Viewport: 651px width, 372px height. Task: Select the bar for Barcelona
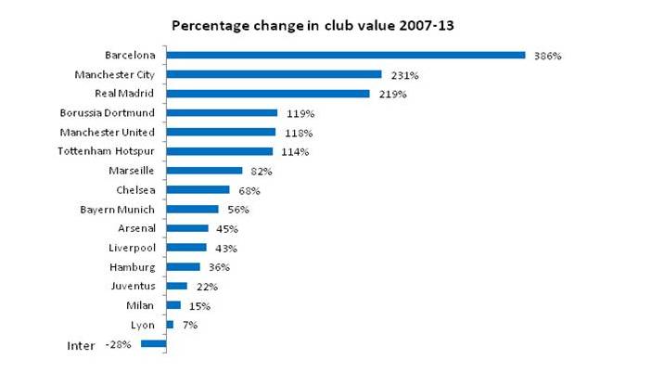(346, 55)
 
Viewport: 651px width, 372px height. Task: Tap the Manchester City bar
(274, 74)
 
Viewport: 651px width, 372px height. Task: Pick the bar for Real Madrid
(268, 94)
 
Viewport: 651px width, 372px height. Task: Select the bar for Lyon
(170, 325)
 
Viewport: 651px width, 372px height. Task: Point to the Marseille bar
(204, 171)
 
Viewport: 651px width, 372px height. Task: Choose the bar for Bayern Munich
(192, 210)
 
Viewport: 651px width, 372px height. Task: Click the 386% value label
(548, 56)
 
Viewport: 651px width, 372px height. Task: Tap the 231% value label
(404, 75)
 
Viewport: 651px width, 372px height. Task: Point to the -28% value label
(119, 345)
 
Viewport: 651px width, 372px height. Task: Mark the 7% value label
(189, 326)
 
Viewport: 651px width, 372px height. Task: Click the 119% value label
(300, 113)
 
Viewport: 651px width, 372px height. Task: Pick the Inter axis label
(82, 346)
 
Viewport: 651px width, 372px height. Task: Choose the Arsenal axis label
(136, 228)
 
